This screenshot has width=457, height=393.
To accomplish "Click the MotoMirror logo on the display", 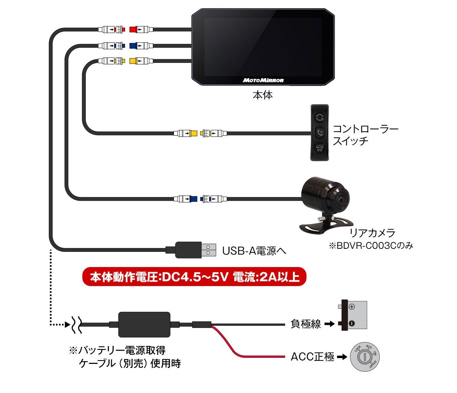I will [x=263, y=80].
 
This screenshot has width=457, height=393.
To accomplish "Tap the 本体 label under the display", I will [x=262, y=95].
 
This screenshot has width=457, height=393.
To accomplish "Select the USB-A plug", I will [x=196, y=250].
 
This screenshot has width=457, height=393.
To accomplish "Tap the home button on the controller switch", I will [x=320, y=148].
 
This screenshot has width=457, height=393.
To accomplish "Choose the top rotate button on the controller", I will [x=320, y=117].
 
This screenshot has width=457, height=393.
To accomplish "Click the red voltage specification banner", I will [x=194, y=277].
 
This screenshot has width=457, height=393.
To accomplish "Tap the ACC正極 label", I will [x=313, y=357].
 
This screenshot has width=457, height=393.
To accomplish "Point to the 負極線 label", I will [x=305, y=324].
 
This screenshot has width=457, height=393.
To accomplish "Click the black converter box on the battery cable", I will [x=144, y=325].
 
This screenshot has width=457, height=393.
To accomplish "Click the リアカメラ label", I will [x=372, y=233].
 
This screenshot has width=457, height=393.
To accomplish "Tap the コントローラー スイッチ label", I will [x=365, y=135].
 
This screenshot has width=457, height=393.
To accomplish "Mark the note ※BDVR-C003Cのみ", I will [x=371, y=246].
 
